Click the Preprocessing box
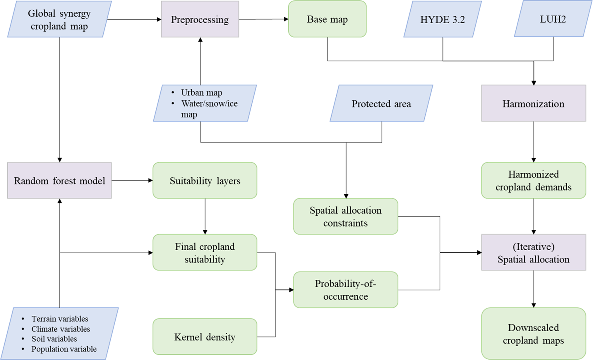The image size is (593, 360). (200, 19)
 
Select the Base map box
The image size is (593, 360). (327, 19)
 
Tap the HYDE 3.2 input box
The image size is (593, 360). (442, 19)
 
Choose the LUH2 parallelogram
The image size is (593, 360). (553, 19)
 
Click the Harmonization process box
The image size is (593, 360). (533, 103)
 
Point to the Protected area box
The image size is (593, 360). (381, 103)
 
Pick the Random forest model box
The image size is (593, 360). (60, 181)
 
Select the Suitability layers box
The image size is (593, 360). (205, 181)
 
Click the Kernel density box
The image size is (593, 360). (205, 337)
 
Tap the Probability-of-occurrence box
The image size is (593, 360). (345, 290)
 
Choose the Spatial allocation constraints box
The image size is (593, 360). (345, 217)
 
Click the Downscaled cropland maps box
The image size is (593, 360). (533, 334)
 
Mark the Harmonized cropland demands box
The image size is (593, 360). (533, 180)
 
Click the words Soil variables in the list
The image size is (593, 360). (54, 339)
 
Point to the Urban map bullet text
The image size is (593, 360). (202, 93)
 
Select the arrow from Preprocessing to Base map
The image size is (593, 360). (263, 19)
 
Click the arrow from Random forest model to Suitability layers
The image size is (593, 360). (132, 180)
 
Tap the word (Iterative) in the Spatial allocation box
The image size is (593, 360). (533, 247)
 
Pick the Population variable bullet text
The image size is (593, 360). (64, 349)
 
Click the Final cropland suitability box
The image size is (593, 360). (205, 253)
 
